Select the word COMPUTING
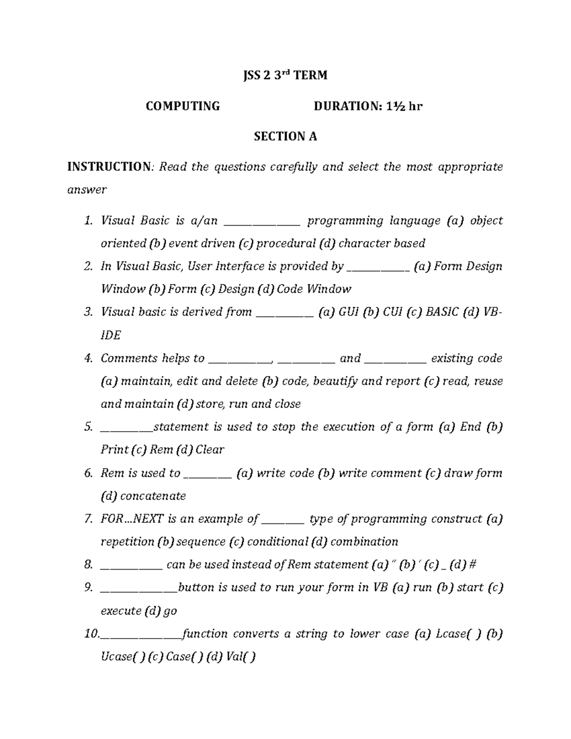[183, 106]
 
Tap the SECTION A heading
[285, 137]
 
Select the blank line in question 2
[378, 267]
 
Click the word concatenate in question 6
[153, 496]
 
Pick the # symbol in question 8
[473, 565]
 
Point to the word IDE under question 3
[110, 335]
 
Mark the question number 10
[91, 634]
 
